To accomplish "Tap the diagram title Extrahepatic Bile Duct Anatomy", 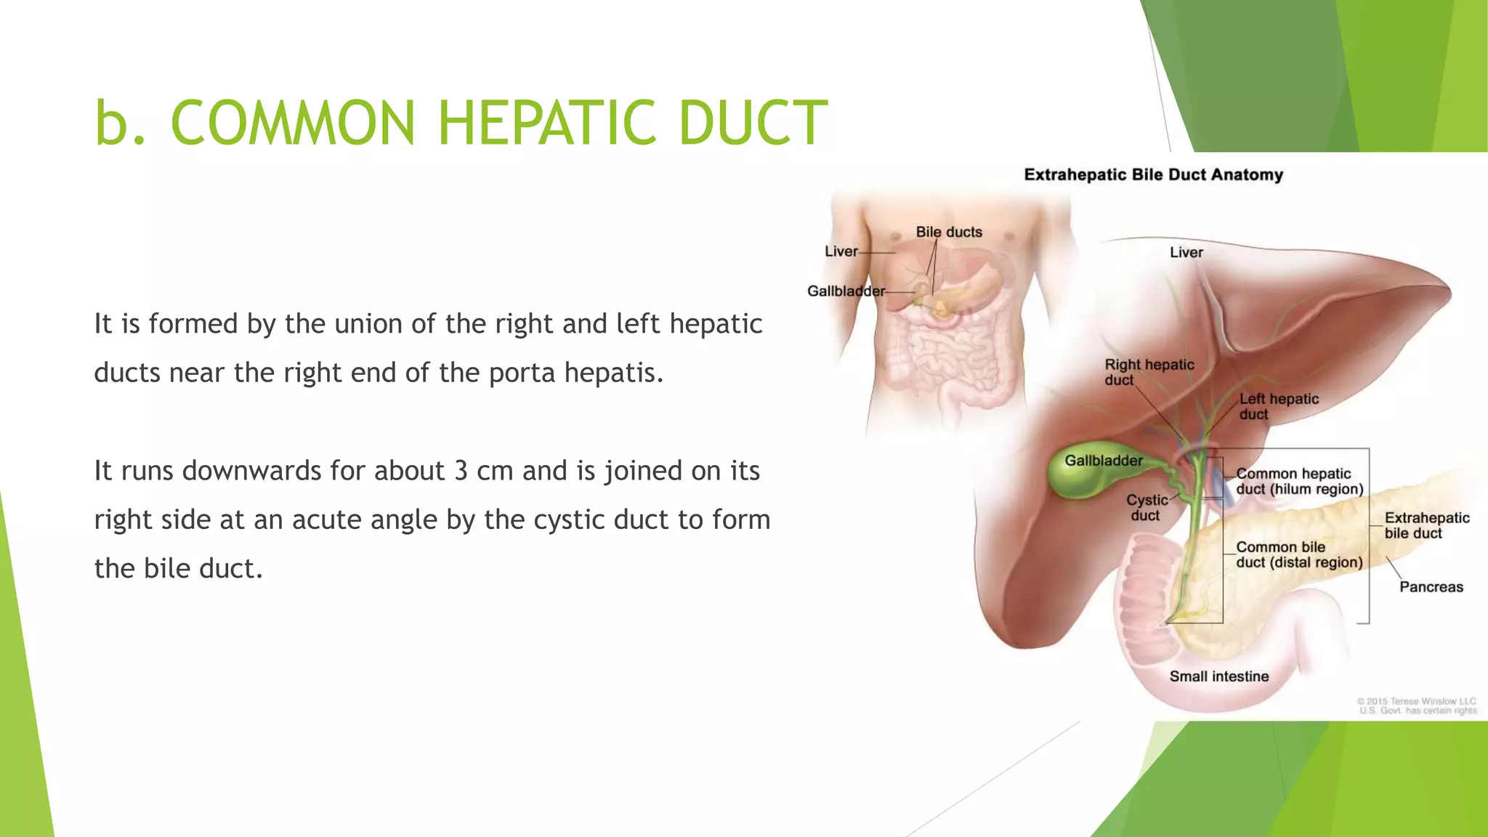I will point(1153,174).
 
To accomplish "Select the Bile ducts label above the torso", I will point(948,232).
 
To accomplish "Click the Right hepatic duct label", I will point(1148,372).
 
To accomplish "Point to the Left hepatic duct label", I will point(1278,406).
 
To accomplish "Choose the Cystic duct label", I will point(1147,507).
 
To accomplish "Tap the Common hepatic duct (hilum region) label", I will point(1299,481).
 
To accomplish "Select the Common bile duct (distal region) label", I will point(1298,554).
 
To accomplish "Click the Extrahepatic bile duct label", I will point(1426,525).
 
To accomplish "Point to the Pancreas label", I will point(1431,587).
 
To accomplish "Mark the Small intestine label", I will point(1218,676).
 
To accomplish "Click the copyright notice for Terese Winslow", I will point(1417,705).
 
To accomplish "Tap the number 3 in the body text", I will point(461,471).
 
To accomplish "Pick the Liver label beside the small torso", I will point(841,251).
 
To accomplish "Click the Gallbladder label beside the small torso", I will point(846,291).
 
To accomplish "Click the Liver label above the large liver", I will point(1186,252).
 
